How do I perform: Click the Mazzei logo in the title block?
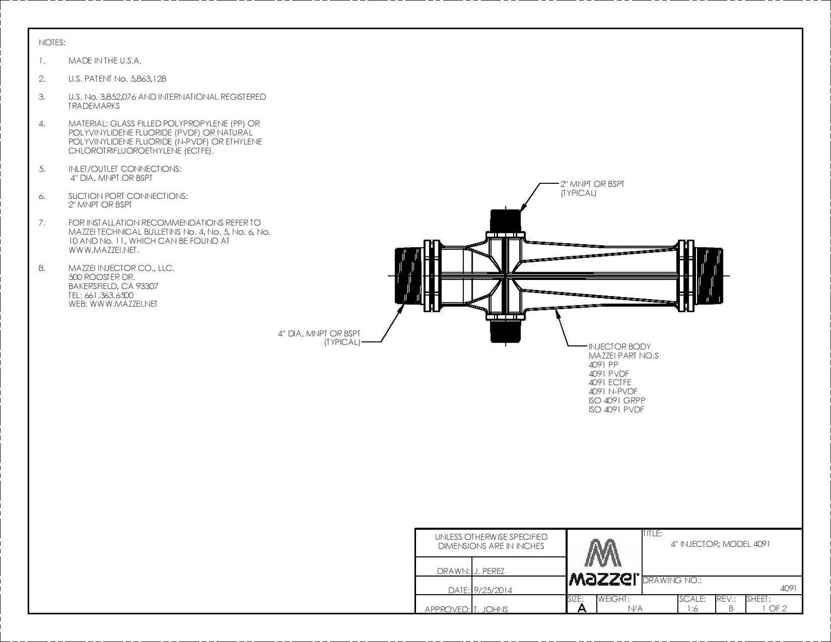click(x=604, y=562)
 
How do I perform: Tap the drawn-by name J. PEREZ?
click(x=489, y=571)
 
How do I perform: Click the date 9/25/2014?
click(x=492, y=591)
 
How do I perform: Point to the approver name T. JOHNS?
click(x=491, y=609)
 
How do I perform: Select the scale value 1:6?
click(x=692, y=608)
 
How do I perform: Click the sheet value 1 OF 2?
click(x=774, y=608)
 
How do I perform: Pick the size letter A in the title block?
click(x=582, y=608)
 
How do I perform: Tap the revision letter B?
click(x=731, y=608)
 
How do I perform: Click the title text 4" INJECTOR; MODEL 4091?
click(x=720, y=544)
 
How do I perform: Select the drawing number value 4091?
click(x=788, y=588)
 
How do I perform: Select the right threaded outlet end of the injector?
click(x=708, y=276)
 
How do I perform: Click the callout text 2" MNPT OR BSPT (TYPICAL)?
click(x=593, y=189)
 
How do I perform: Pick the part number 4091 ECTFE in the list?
click(x=610, y=382)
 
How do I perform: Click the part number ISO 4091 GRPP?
click(x=617, y=400)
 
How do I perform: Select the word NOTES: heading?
click(x=52, y=43)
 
